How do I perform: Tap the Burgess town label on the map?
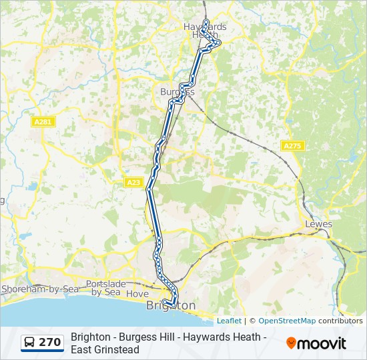pyautogui.click(x=177, y=91)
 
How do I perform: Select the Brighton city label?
pyautogui.click(x=171, y=305)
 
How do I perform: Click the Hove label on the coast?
pyautogui.click(x=137, y=293)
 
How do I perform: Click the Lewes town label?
pyautogui.click(x=318, y=224)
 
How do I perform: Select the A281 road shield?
pyautogui.click(x=42, y=121)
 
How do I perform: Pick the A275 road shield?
pyautogui.click(x=292, y=146)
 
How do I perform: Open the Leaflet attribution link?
pyautogui.click(x=229, y=321)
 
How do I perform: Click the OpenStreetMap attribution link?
pyautogui.click(x=287, y=321)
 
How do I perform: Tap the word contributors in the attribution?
pyautogui.click(x=340, y=321)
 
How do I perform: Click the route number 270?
pyautogui.click(x=50, y=343)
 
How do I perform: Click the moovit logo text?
pyautogui.click(x=322, y=343)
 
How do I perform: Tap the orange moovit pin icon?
pyautogui.click(x=291, y=343)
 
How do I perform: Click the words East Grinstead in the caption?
pyautogui.click(x=105, y=349)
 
